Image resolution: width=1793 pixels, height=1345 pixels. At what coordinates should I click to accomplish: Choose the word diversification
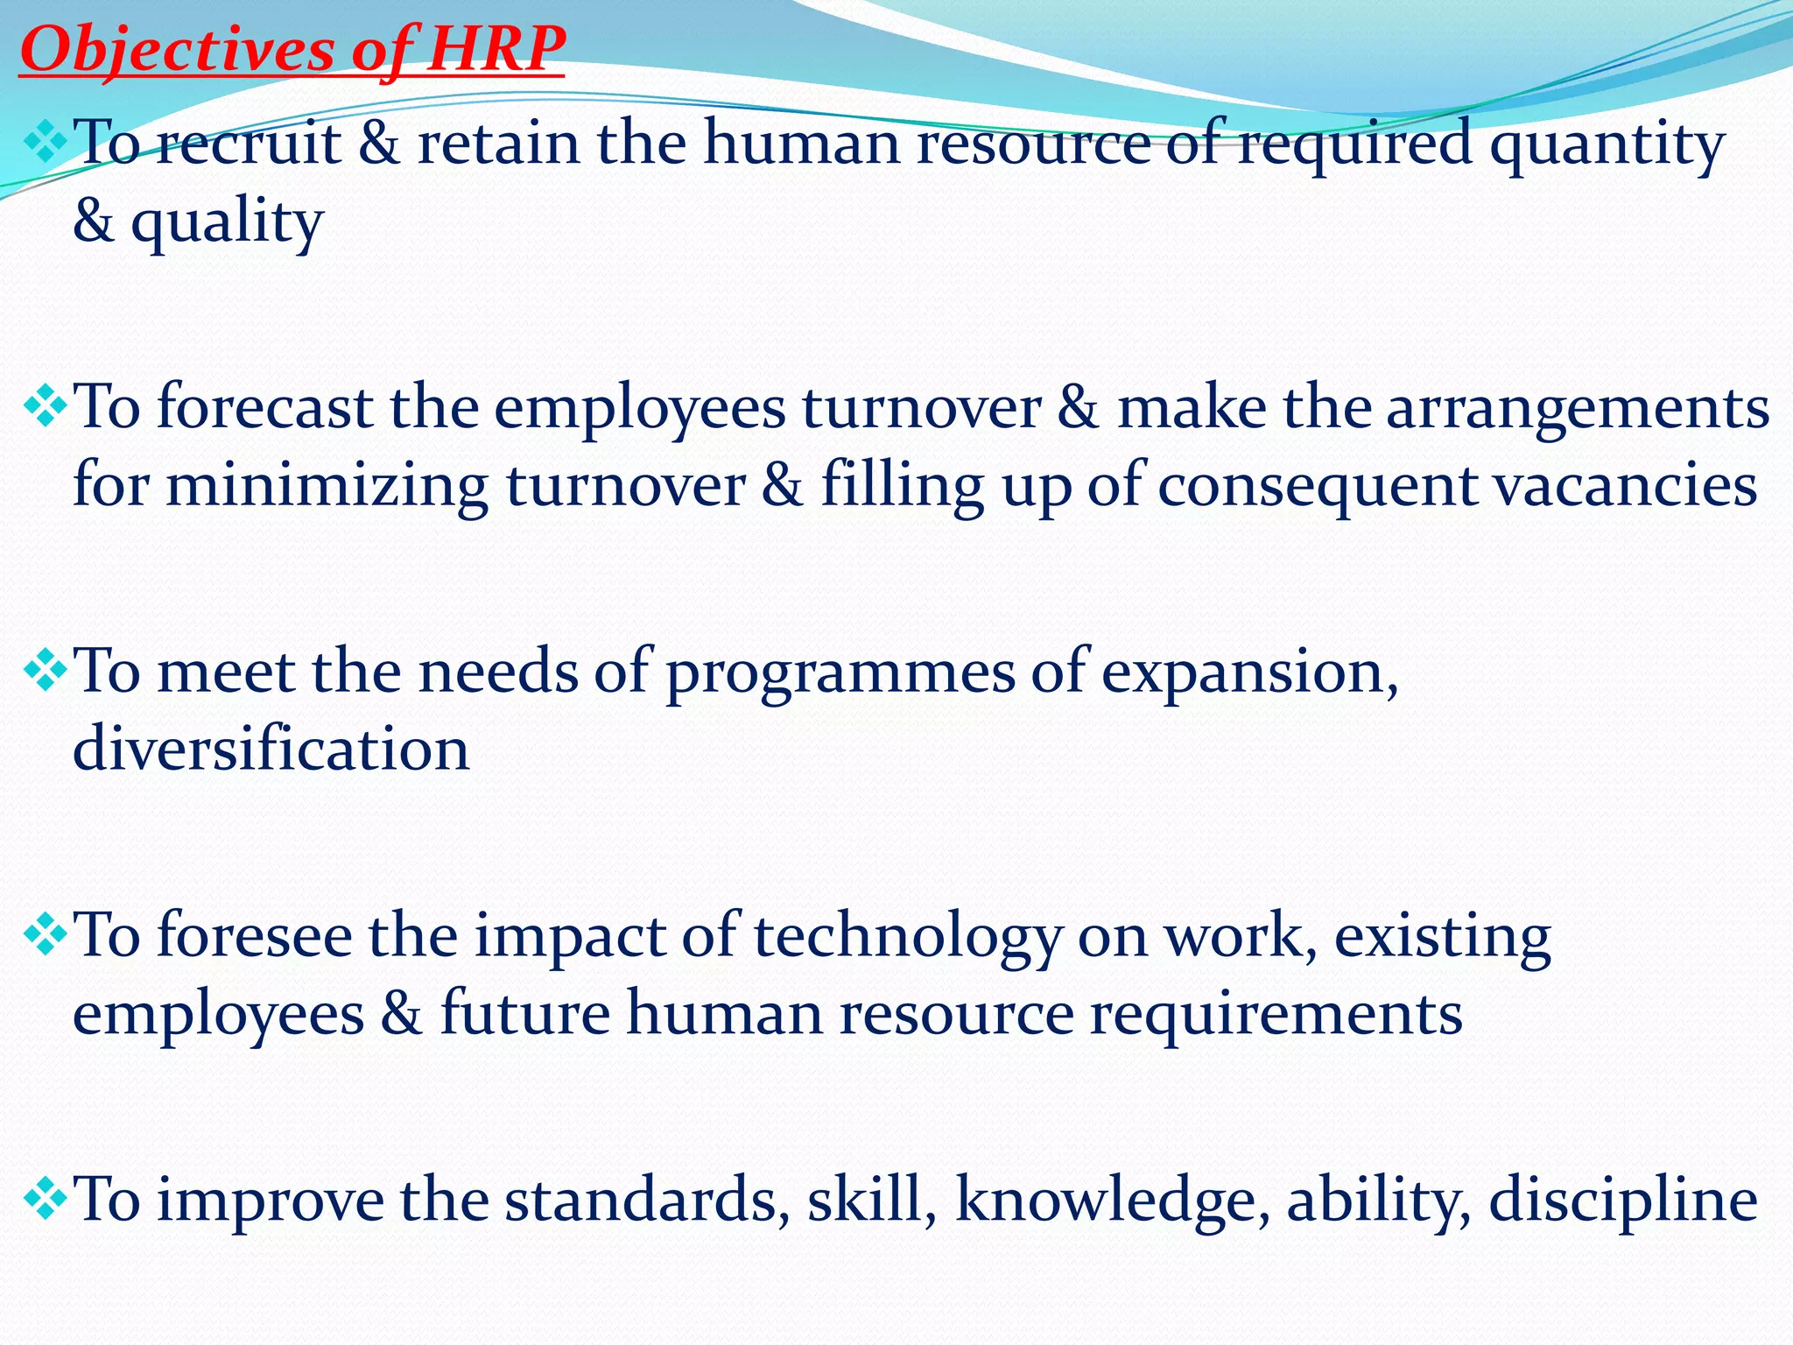point(271,750)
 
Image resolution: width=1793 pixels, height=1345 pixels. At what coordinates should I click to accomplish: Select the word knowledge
point(1113,1201)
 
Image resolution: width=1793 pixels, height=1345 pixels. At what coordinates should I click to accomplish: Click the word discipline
point(1623,1201)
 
